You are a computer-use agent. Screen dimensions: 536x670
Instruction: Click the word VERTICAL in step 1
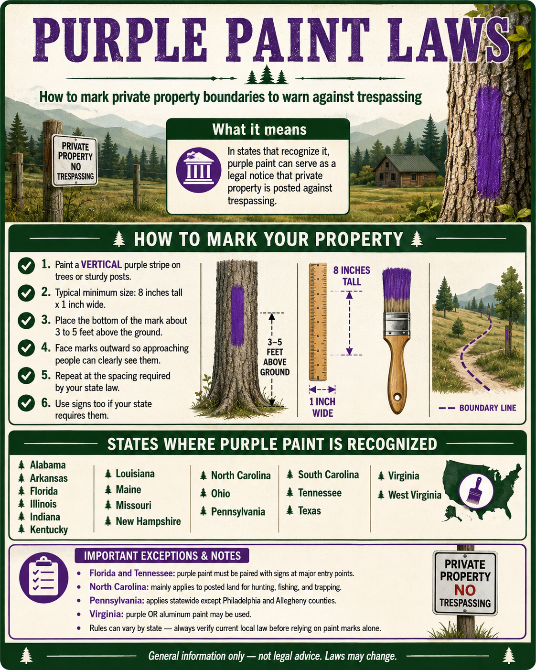point(101,265)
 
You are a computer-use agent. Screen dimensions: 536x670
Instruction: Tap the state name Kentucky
point(49,530)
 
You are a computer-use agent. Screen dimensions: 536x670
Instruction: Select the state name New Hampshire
point(148,521)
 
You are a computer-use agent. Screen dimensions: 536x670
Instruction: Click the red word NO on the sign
point(465,590)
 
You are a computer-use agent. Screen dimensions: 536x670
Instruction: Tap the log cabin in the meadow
point(406,171)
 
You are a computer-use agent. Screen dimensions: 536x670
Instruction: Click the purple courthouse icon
point(199,170)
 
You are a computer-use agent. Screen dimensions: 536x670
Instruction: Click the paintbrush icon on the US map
point(476,491)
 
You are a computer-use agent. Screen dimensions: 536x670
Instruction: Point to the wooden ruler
point(318,322)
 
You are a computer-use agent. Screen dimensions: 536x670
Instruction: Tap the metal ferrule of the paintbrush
point(396,324)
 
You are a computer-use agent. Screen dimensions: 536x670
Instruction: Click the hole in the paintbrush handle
point(397,397)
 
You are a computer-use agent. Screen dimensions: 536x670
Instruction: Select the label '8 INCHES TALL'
point(352,276)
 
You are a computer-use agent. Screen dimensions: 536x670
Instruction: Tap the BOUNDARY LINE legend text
point(487,408)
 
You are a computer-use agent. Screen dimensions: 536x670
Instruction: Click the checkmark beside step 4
point(26,348)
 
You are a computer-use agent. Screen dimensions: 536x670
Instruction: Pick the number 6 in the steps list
point(46,403)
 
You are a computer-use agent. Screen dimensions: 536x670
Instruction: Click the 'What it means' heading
point(259,129)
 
